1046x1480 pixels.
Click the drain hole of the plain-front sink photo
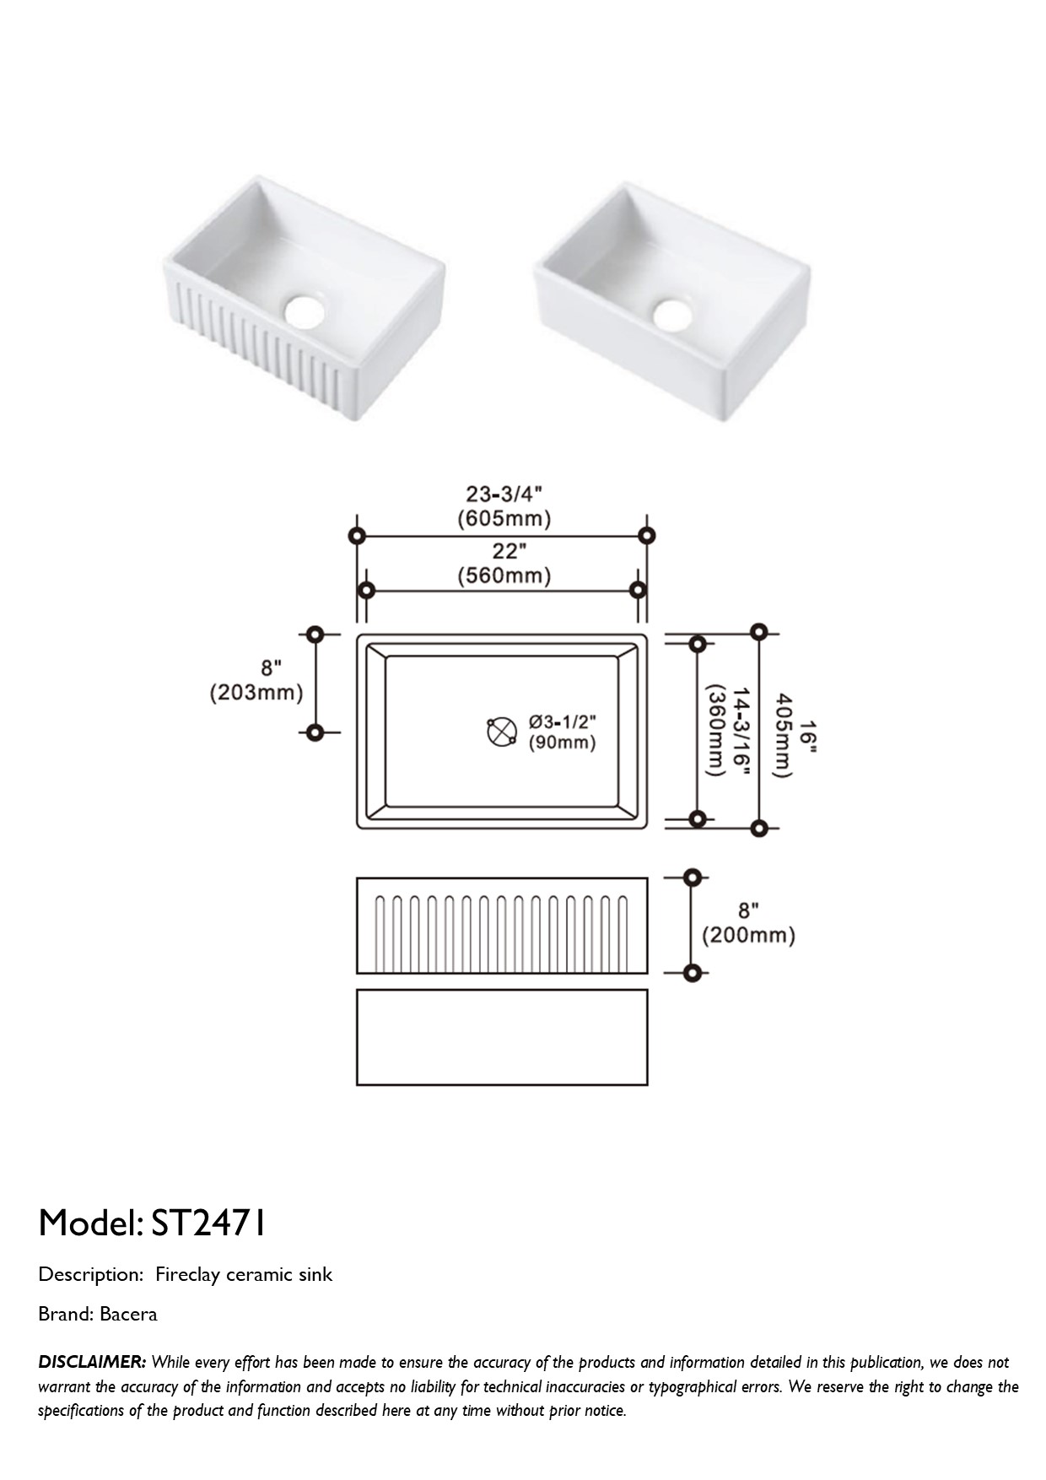(x=672, y=313)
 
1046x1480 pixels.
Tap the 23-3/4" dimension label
(x=504, y=493)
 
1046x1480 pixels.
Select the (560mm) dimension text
(x=504, y=576)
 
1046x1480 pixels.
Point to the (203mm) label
(x=256, y=693)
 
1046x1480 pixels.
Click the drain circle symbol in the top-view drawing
(x=502, y=732)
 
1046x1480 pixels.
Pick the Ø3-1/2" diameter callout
(x=563, y=721)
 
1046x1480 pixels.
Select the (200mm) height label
(x=749, y=935)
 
